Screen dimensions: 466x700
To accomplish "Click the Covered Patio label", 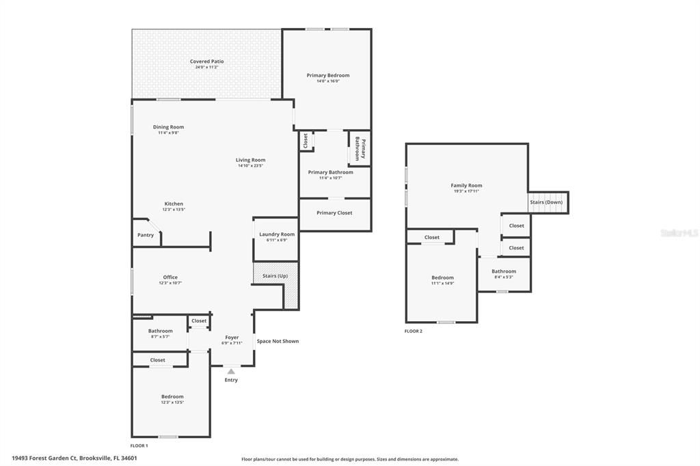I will pos(206,61).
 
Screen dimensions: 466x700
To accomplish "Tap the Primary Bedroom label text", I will pos(327,75).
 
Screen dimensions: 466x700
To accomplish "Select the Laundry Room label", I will pos(277,234).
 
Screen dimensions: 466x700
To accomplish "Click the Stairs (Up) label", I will pos(275,276).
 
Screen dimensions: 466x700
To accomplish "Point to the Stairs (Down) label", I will pos(546,202).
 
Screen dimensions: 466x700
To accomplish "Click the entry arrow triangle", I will pos(231,371).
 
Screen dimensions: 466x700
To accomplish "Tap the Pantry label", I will pos(146,235).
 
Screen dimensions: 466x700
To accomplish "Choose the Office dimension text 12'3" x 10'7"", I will pos(170,283).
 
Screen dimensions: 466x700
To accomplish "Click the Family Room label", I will pos(466,185).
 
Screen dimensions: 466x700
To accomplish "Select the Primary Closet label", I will pos(334,213).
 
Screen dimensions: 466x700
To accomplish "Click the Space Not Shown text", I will pos(278,341).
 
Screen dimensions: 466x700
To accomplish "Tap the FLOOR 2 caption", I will pos(414,331).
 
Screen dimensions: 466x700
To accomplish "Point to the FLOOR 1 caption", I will pos(139,446).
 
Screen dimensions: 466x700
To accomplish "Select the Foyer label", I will pos(232,338).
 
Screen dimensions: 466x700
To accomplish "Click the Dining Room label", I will pos(168,127).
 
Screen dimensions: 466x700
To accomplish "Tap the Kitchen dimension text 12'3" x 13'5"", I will pos(174,210).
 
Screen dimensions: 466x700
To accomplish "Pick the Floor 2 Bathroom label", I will pos(504,271).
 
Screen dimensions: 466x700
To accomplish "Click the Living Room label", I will pos(250,160).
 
